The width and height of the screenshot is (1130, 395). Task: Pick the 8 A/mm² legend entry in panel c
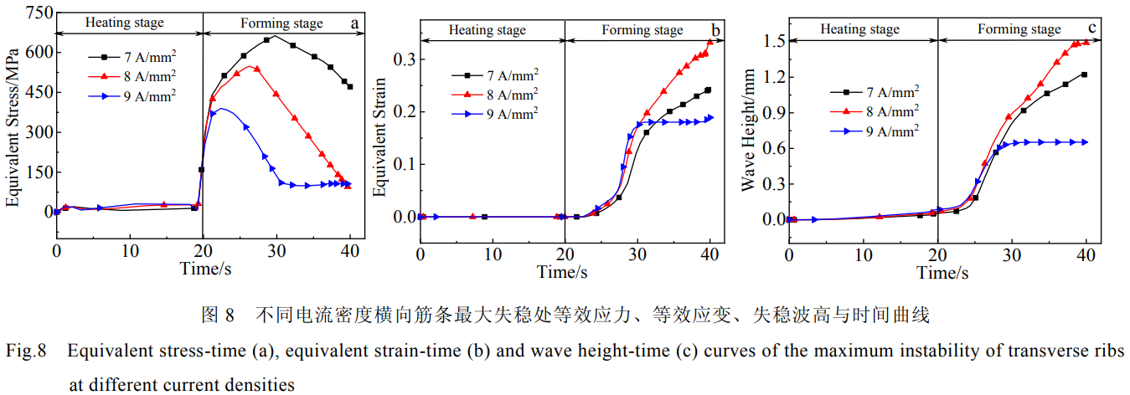coord(876,110)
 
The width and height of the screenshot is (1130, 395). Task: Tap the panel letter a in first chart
coord(354,23)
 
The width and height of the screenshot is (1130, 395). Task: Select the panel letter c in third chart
coord(1091,29)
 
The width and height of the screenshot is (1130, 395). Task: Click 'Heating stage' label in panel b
coord(488,30)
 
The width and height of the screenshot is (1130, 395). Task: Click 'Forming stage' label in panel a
coord(281,23)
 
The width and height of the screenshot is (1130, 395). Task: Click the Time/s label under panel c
coord(942,273)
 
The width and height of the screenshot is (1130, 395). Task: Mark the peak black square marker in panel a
coord(267,39)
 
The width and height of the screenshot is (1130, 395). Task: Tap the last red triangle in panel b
coord(710,42)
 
